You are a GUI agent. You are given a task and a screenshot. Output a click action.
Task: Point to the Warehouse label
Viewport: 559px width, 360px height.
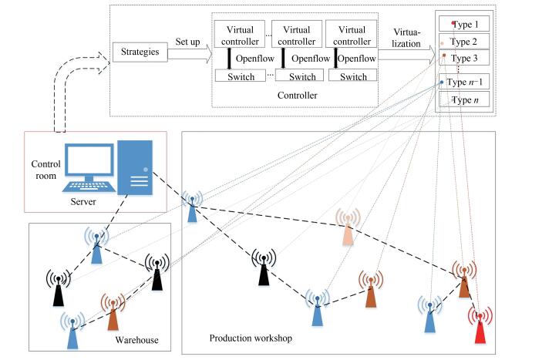click(137, 339)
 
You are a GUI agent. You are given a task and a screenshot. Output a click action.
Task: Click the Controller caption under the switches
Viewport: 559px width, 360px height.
click(296, 95)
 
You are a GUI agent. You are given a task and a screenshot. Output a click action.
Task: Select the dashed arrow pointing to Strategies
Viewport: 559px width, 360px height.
click(77, 77)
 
